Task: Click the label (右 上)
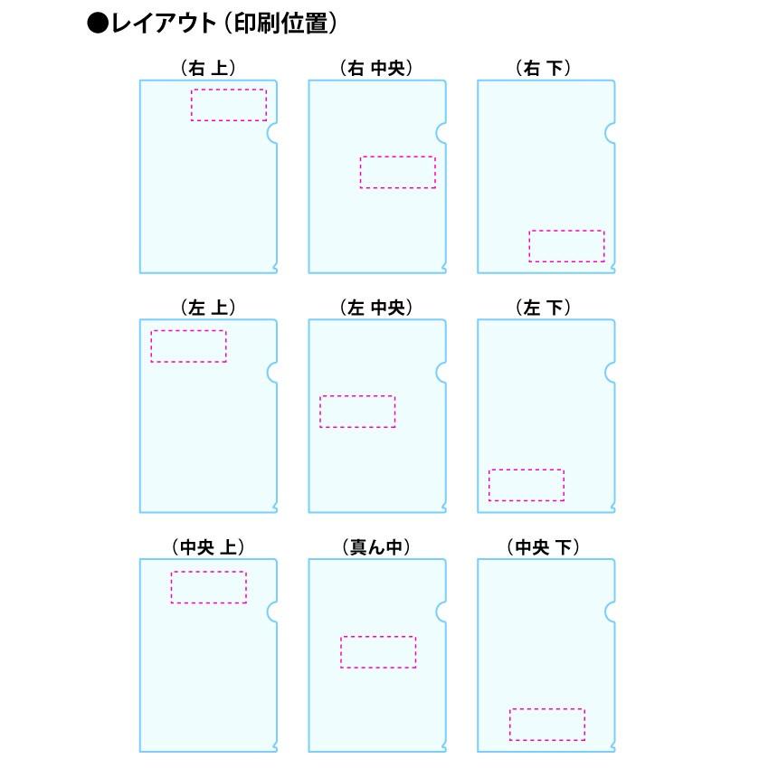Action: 208,68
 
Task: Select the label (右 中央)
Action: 376,68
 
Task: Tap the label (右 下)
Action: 546,68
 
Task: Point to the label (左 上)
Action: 208,308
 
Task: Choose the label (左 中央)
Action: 376,308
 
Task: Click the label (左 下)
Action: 546,308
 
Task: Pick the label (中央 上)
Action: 208,546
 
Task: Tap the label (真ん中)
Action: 376,546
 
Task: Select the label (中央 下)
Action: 545,546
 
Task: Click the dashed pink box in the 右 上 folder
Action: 229,105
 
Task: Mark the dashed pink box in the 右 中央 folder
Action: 397,172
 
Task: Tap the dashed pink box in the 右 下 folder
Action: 566,246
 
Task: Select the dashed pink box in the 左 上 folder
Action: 188,346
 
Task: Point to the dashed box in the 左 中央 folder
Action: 357,412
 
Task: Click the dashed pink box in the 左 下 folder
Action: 526,485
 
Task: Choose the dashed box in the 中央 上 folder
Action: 208,587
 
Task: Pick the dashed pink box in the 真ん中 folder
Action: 378,652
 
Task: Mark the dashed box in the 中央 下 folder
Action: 546,724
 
